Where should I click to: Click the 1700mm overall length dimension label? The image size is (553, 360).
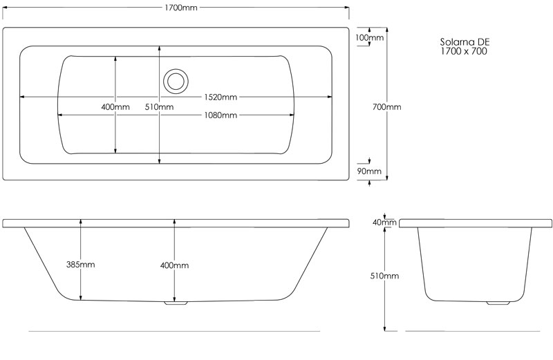181,8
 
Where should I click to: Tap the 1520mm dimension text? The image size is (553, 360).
221,97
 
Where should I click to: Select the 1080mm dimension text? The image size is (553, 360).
221,115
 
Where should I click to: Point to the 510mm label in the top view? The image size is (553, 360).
159,107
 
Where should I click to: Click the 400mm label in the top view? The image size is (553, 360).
115,107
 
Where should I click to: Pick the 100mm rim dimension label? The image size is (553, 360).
369,37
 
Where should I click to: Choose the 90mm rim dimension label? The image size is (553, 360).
369,171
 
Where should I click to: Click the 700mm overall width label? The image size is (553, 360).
387,107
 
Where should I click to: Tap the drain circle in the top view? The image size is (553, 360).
176,82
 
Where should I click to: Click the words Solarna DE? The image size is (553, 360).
465,42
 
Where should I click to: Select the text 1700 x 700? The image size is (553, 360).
464,51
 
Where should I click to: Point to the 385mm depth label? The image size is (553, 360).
80,265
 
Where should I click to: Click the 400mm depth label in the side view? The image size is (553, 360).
175,265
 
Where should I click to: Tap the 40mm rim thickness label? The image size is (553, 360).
385,222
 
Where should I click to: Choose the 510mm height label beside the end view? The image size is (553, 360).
384,276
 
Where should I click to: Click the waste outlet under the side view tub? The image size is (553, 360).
176,303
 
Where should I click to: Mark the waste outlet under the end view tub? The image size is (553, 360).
498,303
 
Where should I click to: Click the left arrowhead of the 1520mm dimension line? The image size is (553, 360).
22,97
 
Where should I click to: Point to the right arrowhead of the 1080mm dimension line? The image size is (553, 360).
292,115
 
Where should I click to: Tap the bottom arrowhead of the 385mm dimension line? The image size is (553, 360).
81,298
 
